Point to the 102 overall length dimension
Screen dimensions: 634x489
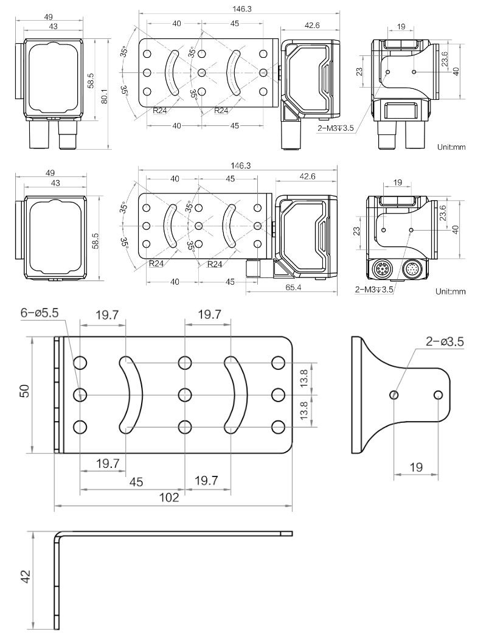173,497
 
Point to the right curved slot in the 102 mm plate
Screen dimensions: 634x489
236,394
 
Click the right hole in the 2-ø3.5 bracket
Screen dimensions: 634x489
438,395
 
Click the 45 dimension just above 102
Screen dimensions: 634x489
136,482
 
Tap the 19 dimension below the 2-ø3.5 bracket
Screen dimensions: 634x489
417,467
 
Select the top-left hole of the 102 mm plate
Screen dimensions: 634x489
80,363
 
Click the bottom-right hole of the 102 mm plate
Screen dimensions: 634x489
278,427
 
